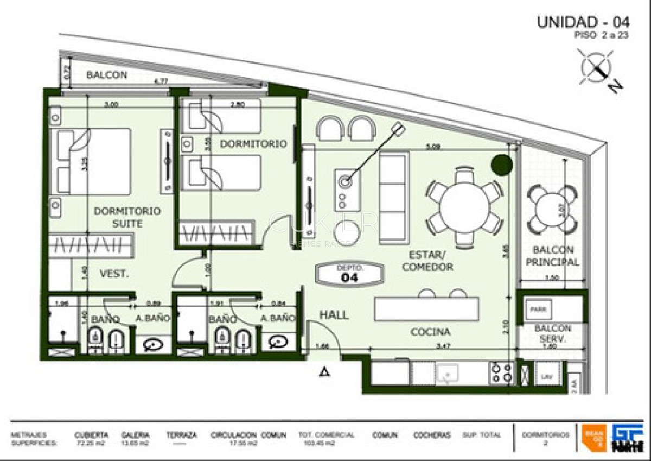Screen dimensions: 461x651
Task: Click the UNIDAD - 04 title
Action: (583, 22)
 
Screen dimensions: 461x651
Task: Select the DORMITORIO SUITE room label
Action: (127, 217)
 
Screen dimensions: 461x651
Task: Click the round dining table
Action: (464, 207)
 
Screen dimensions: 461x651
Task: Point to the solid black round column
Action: (502, 165)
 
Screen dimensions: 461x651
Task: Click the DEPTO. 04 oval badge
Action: (350, 274)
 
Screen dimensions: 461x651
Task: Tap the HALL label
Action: (334, 315)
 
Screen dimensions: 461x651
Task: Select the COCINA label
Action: (430, 332)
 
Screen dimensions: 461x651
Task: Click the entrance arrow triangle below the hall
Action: (324, 372)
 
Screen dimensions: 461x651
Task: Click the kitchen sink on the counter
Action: (448, 374)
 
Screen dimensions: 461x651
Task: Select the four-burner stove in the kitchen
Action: (502, 373)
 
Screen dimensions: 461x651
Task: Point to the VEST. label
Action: (114, 275)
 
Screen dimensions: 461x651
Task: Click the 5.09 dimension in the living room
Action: (431, 146)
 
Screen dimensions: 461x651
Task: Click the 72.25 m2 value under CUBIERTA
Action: (91, 444)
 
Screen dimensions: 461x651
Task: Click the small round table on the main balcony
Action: (552, 209)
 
